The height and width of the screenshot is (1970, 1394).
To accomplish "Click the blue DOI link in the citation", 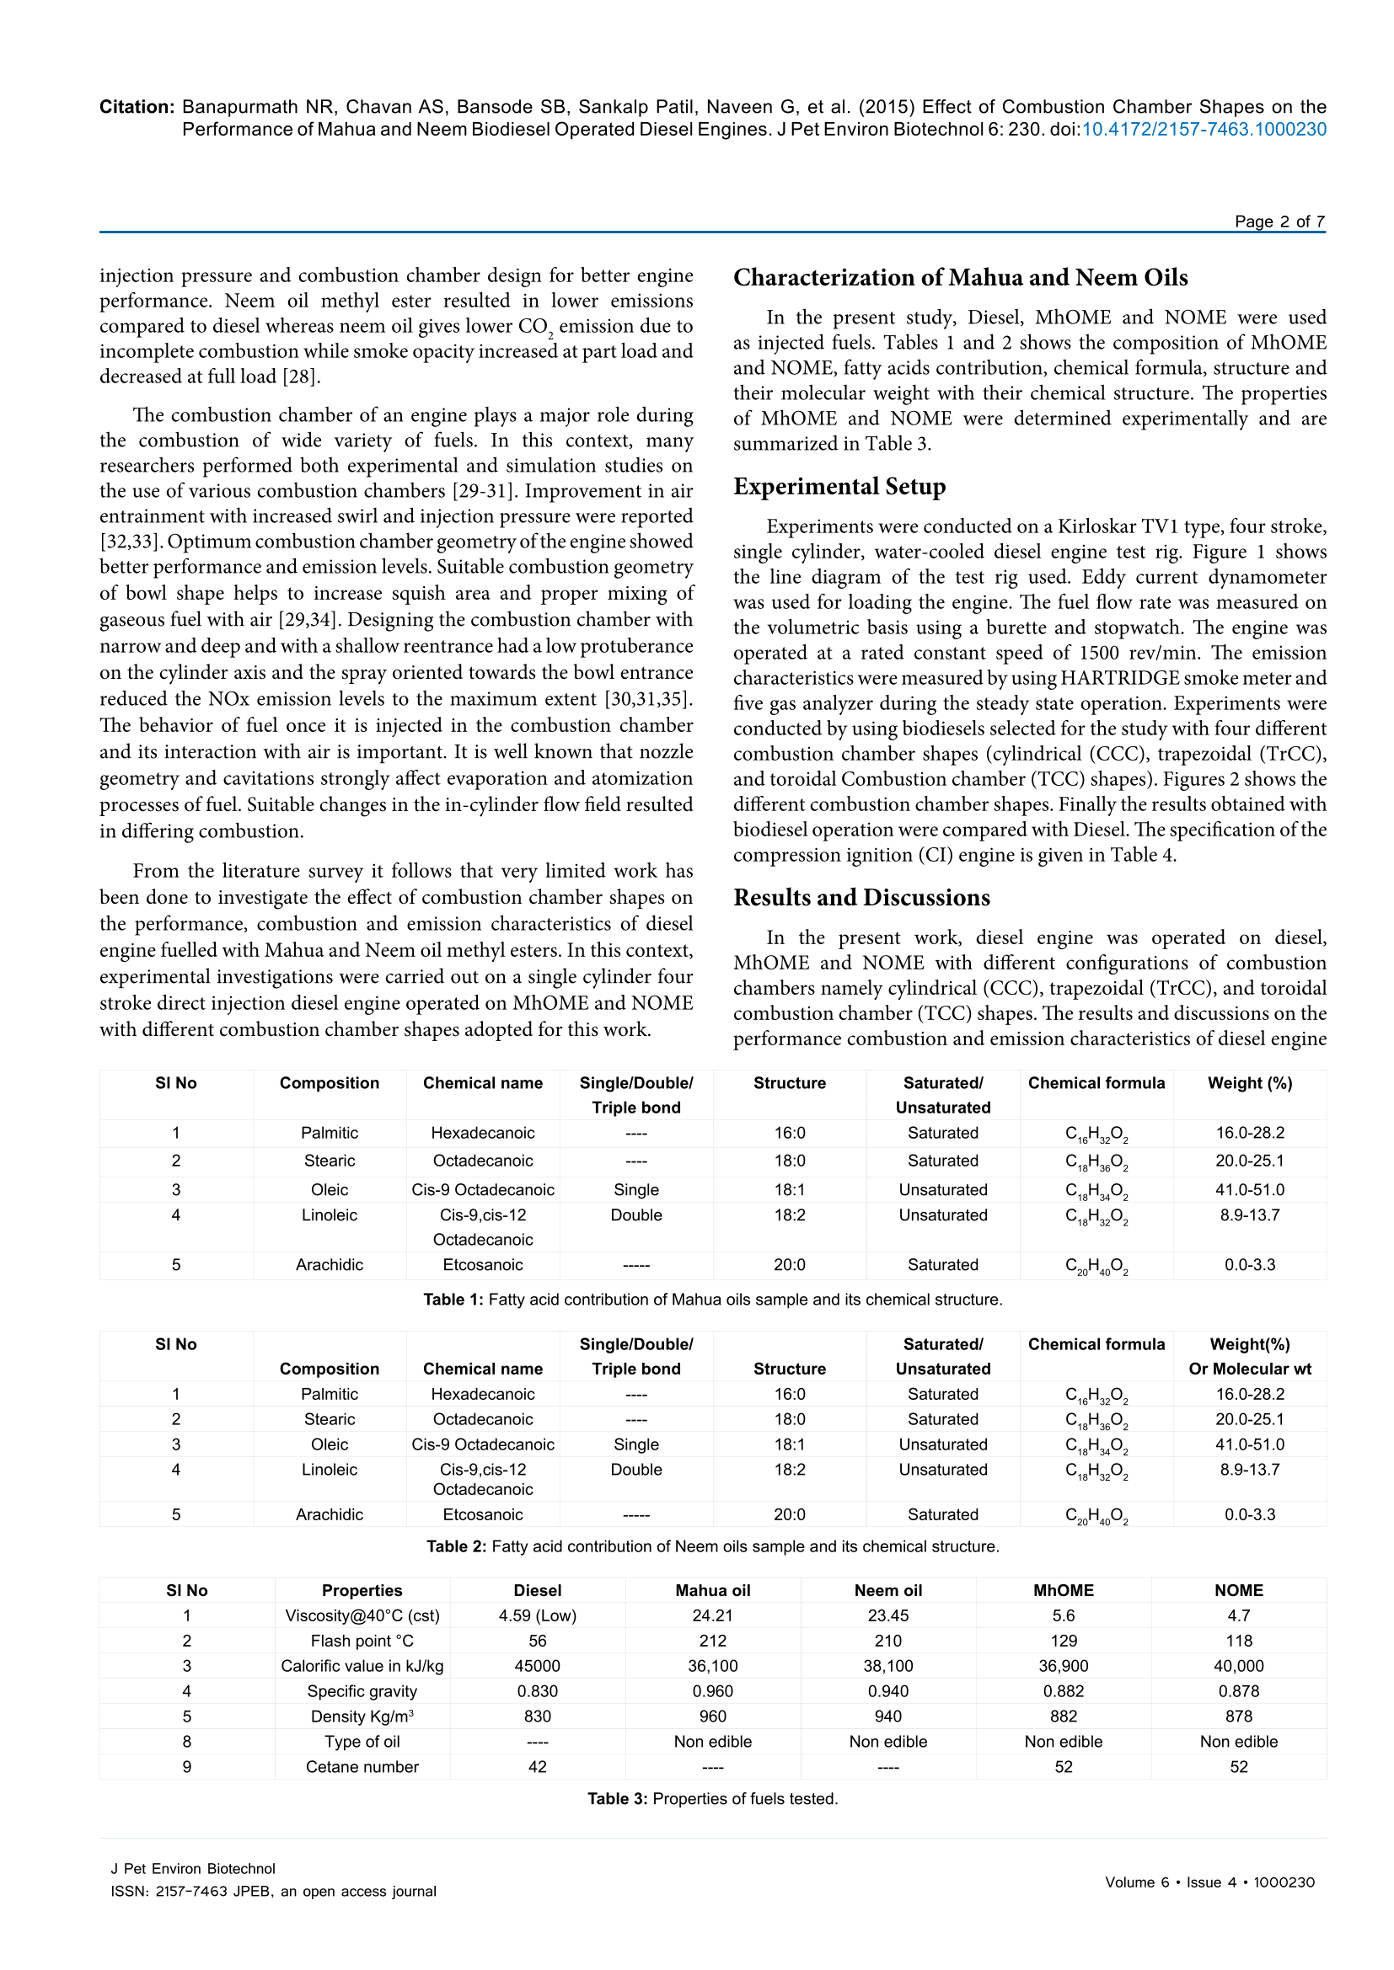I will [x=1204, y=130].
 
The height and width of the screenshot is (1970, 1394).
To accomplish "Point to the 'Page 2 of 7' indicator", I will [x=1279, y=222].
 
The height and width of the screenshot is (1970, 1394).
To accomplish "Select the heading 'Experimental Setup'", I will [x=839, y=487].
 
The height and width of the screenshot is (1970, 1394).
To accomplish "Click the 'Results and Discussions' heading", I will [x=861, y=898].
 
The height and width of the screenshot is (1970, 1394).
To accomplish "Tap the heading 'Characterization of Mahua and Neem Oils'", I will [x=960, y=278].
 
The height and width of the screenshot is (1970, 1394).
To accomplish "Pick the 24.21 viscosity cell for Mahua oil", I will [x=712, y=1615].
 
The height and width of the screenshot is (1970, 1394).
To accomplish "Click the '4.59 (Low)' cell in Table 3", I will [x=538, y=1615].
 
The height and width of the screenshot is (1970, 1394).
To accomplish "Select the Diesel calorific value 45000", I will [x=538, y=1666].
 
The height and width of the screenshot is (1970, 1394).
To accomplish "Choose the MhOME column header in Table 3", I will [x=1063, y=1590].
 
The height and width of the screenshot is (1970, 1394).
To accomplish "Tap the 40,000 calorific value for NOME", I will [x=1239, y=1666].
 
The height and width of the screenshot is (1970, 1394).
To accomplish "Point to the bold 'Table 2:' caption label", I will [x=457, y=1546].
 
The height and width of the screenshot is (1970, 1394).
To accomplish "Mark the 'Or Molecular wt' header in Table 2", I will [x=1249, y=1369].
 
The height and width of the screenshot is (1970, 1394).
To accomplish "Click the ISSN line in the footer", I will [x=273, y=1891].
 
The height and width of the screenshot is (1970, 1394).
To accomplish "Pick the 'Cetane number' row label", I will [x=362, y=1767].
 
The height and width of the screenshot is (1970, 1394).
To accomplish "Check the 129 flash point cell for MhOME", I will [x=1063, y=1641].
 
